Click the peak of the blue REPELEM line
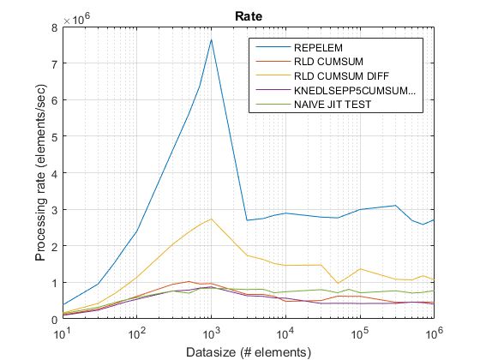211,39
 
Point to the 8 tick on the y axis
54,27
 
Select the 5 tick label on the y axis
54,137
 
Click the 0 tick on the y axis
54,319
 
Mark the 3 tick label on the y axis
54,210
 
